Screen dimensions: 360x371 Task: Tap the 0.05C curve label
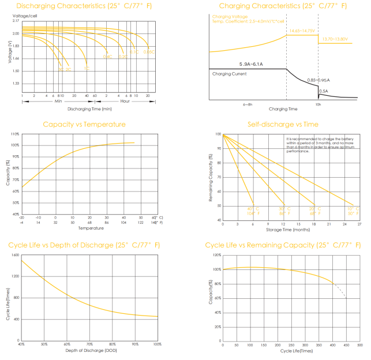pos(149,52)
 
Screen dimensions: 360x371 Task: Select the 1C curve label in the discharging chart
pos(87,69)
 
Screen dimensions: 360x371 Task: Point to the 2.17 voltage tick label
pos(16,21)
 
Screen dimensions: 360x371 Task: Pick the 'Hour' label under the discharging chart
pos(125,102)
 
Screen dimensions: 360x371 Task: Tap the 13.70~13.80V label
pos(335,39)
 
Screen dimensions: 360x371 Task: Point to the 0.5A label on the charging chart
pos(324,91)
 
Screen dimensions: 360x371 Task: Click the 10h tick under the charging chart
pos(318,104)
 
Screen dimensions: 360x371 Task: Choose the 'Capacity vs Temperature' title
pos(84,124)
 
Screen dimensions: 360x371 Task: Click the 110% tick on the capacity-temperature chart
pos(16,134)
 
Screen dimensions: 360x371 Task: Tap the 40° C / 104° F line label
pos(253,211)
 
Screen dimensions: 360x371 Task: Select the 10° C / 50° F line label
pos(352,211)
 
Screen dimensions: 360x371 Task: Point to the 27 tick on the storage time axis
pos(359,224)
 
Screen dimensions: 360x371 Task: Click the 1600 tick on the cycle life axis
pos(15,254)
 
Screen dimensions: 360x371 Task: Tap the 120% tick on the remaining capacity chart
pos(217,254)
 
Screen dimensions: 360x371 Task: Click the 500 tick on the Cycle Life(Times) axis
pos(360,345)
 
